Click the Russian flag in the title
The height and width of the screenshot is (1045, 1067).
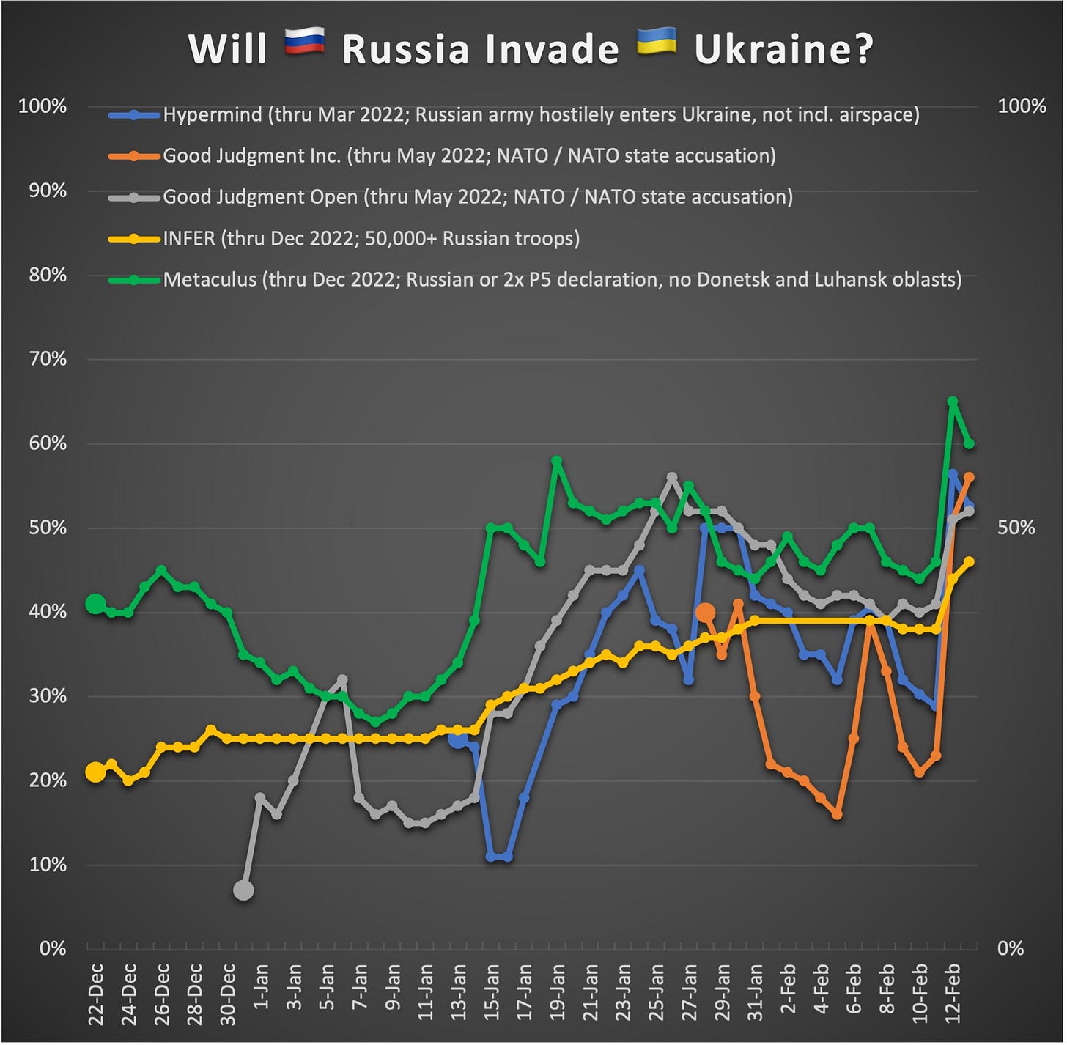click(304, 43)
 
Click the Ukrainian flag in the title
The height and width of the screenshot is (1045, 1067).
click(656, 43)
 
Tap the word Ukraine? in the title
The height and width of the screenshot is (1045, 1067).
click(783, 49)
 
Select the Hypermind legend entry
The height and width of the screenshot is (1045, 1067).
click(541, 115)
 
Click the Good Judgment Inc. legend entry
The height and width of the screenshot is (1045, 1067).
click(469, 156)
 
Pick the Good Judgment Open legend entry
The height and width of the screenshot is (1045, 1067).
click(477, 197)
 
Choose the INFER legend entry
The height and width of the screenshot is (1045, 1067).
click(371, 239)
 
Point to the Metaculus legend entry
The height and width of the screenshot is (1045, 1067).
click(562, 280)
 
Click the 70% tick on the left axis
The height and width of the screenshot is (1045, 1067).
click(48, 359)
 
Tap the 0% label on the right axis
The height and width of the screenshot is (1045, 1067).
click(1011, 949)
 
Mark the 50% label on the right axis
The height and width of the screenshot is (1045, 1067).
click(1016, 528)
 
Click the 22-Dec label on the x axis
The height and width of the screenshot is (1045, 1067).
click(96, 994)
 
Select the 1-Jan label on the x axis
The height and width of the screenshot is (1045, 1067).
click(260, 989)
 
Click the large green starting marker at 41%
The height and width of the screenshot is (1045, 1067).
click(95, 604)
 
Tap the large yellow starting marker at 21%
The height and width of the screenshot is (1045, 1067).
click(95, 772)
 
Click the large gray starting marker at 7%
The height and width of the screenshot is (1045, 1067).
click(243, 890)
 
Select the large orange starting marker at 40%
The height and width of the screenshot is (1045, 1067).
click(705, 612)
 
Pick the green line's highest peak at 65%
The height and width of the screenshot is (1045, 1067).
click(953, 402)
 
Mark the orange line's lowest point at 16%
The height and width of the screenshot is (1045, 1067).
click(837, 814)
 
